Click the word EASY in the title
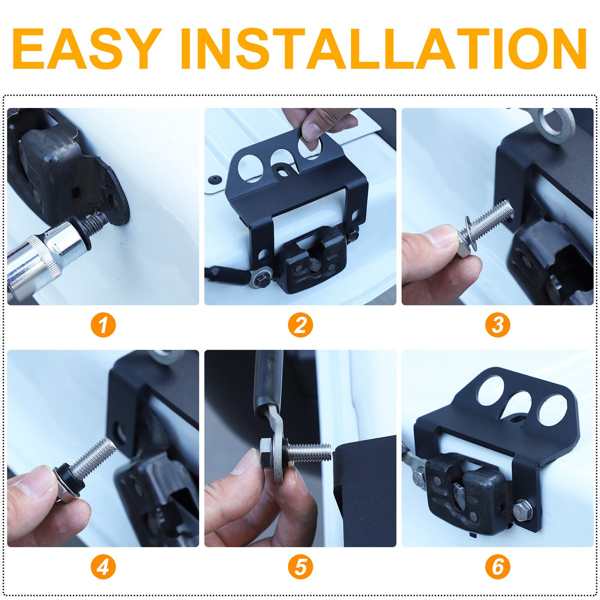click(x=87, y=48)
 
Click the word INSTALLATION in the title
click(x=383, y=48)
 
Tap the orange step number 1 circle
click(x=103, y=325)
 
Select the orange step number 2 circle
click(x=300, y=325)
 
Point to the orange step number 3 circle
click(x=497, y=325)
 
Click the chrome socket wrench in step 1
click(x=43, y=258)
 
